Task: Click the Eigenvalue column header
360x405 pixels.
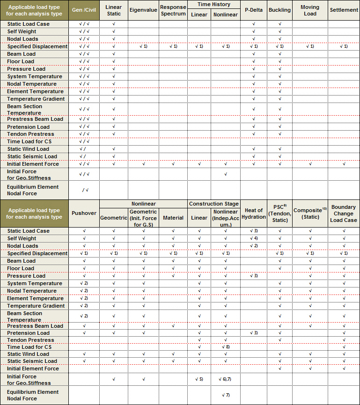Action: (143, 10)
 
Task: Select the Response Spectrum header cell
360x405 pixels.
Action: (173, 10)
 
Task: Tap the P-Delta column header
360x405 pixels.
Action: (253, 10)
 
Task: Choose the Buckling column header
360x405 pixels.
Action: (279, 10)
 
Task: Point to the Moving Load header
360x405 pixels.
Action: (310, 10)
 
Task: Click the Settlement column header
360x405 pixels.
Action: (344, 10)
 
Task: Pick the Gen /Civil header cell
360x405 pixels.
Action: (84, 10)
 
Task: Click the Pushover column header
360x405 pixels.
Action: (84, 214)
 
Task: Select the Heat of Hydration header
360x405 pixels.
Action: (253, 214)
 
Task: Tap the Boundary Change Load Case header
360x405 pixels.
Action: (344, 214)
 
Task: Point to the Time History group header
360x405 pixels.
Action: (214, 4)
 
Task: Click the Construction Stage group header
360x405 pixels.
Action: (213, 204)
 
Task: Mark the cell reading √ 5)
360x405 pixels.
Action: (199, 379)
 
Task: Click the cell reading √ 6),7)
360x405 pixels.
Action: (225, 379)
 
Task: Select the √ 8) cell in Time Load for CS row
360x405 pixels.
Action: (225, 347)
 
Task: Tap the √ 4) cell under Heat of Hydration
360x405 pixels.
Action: (253, 238)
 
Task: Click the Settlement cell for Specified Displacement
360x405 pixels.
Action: (344, 46)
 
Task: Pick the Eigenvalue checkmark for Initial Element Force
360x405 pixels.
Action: (143, 164)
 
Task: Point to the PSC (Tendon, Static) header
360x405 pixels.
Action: (279, 214)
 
